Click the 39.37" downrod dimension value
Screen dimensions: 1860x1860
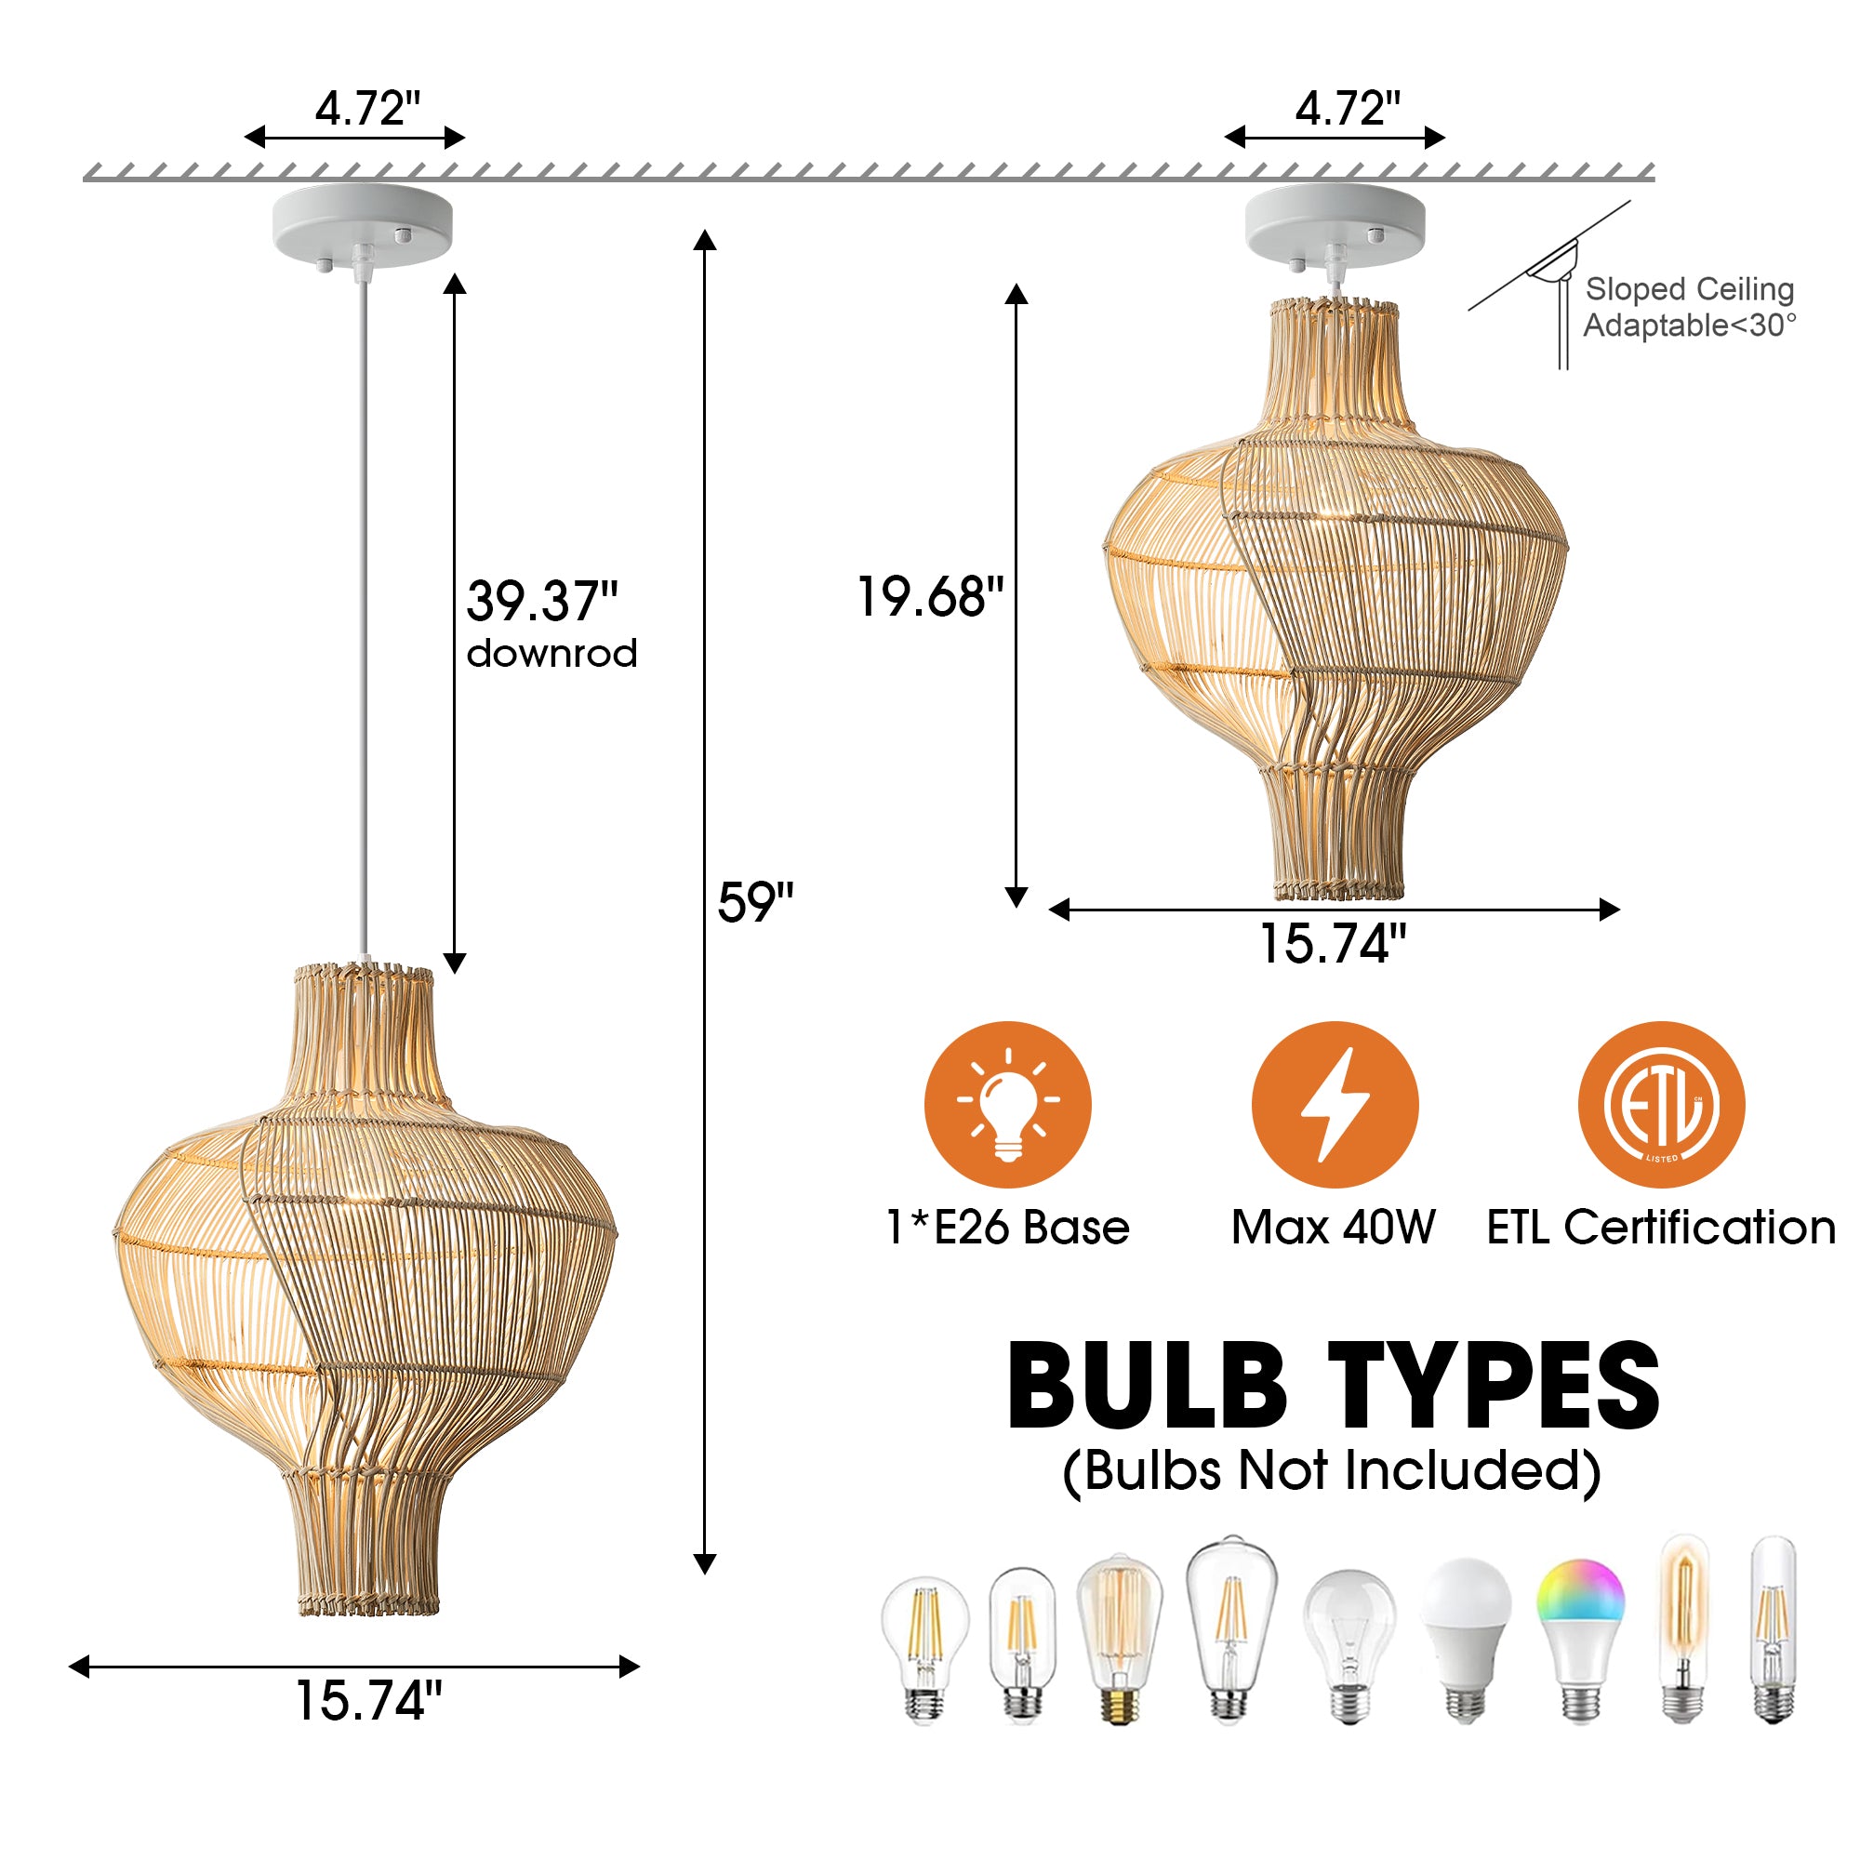pyautogui.click(x=542, y=601)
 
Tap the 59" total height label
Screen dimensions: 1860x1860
pyautogui.click(x=755, y=902)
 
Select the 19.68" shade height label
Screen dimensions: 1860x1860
pyautogui.click(x=929, y=596)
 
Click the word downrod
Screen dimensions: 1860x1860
pyautogui.click(x=551, y=654)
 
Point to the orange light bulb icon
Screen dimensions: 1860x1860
pyautogui.click(x=1007, y=1104)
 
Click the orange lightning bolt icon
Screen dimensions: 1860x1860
pyautogui.click(x=1335, y=1104)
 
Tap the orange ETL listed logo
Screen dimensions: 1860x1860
pyautogui.click(x=1661, y=1104)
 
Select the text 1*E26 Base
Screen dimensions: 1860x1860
pyautogui.click(x=1007, y=1228)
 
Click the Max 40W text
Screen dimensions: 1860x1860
pyautogui.click(x=1334, y=1228)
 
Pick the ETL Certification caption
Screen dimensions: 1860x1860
pyautogui.click(x=1661, y=1228)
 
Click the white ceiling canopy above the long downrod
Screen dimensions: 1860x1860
pyautogui.click(x=362, y=225)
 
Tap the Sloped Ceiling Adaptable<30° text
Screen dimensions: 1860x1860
pyautogui.click(x=1690, y=307)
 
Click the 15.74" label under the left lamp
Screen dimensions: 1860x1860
pyautogui.click(x=367, y=1701)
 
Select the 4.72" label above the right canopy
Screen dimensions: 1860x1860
pyautogui.click(x=1347, y=108)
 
